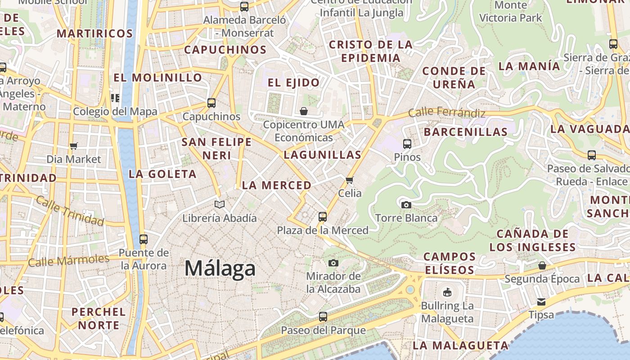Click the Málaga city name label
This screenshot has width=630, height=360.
(x=220, y=269)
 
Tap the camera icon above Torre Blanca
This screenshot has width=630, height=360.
(x=406, y=205)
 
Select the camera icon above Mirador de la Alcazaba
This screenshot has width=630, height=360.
(x=333, y=263)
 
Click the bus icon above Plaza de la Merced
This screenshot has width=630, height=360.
(x=323, y=217)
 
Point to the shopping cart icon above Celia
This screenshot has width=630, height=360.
(x=350, y=180)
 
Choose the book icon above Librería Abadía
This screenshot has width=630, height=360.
(x=220, y=205)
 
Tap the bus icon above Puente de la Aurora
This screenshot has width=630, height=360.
(x=144, y=239)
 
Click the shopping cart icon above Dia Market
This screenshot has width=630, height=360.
(x=74, y=146)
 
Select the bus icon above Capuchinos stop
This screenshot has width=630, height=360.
(x=211, y=103)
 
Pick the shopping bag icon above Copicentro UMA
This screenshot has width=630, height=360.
(x=304, y=111)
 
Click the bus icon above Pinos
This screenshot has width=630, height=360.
(x=407, y=144)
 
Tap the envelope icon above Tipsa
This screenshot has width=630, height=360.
(x=541, y=301)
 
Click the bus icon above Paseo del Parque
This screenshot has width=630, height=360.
(x=323, y=317)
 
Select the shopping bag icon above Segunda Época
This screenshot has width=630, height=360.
(x=542, y=265)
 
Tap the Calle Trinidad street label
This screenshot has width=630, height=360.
(x=70, y=211)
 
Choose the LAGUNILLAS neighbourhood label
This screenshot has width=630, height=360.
(x=323, y=155)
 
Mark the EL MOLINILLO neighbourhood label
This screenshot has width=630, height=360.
(x=158, y=77)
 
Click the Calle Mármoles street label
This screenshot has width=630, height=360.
(x=69, y=261)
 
